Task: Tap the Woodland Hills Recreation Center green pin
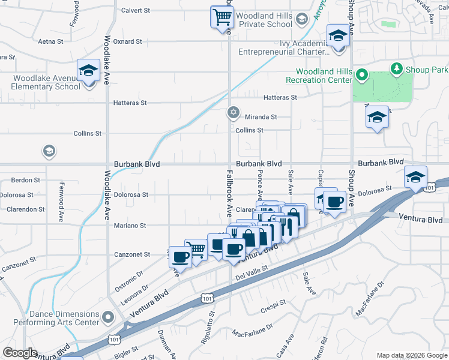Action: point(361,76)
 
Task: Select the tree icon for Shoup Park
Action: point(396,70)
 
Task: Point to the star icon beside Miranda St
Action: point(234,113)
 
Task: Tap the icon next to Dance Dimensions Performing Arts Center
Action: point(108,316)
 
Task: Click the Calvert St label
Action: point(135,10)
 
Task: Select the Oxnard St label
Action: point(127,41)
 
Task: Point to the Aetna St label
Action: point(50,41)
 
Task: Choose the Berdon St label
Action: point(25,179)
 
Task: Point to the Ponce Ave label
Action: point(260,185)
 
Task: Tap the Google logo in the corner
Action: point(20,353)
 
